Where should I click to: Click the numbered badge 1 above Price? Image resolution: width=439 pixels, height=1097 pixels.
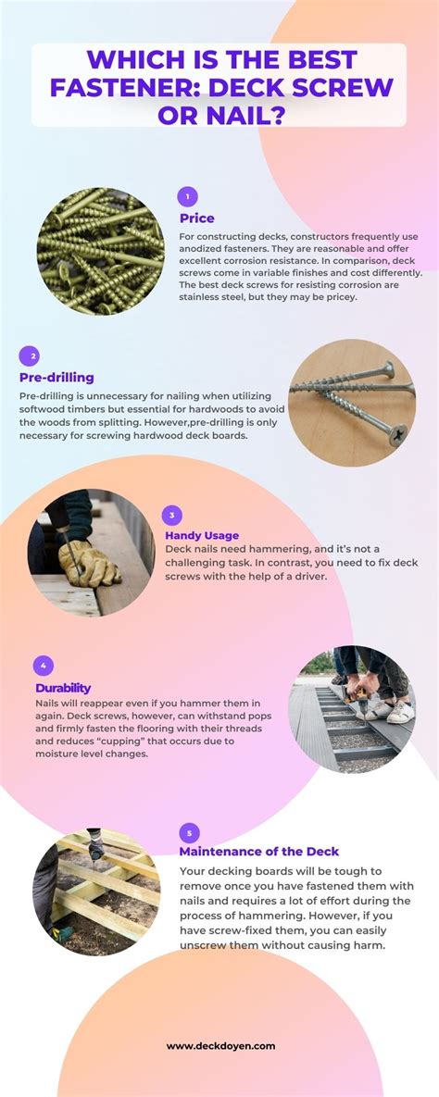point(188,196)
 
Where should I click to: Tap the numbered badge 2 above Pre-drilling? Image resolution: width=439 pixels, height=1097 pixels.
point(30,355)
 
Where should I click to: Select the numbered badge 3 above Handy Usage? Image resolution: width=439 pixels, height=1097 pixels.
point(172,517)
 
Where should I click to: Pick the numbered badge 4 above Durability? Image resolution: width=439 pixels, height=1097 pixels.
point(43,666)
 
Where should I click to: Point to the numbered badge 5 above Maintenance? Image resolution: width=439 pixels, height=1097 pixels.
point(189,832)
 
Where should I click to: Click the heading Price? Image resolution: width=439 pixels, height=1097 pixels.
point(197,218)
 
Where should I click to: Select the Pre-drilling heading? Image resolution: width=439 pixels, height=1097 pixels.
point(56,378)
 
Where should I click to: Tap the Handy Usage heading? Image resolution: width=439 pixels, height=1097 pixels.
point(202,535)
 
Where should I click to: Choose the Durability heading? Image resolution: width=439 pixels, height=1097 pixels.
point(63,688)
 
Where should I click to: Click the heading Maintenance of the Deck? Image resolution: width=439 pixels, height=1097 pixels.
point(259,852)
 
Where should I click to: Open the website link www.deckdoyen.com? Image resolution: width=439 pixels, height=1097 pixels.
point(220,1046)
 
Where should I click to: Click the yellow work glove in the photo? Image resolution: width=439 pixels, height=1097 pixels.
point(88,561)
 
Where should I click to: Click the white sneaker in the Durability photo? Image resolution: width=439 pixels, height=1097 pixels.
point(398,712)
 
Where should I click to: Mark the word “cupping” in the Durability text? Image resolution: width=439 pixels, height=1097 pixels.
point(132,742)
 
